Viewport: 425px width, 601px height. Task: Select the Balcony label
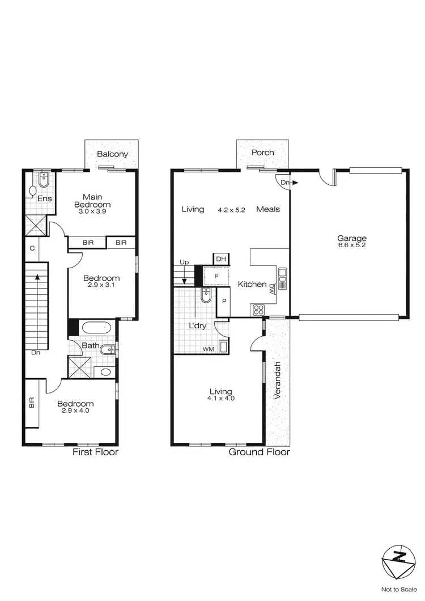pos(112,154)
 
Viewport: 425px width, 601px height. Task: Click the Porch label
pos(263,153)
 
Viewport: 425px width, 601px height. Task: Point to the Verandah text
pos(277,380)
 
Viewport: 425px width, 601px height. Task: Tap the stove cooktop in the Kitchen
pos(258,310)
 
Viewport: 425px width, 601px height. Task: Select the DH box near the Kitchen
pos(220,260)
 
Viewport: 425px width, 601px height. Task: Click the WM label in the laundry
pos(208,349)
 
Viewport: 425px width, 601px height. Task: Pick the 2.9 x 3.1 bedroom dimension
pos(101,287)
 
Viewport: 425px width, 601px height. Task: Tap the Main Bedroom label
pos(94,201)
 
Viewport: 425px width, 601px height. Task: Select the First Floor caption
pos(95,452)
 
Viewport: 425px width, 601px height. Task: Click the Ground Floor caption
pos(259,452)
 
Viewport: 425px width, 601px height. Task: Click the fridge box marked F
pos(215,276)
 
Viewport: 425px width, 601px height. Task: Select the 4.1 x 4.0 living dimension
pos(220,399)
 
